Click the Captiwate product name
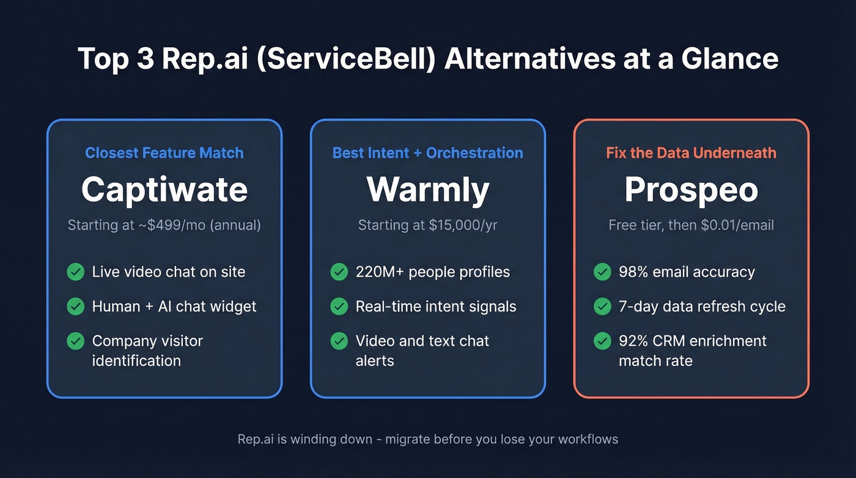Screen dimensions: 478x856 [164, 190]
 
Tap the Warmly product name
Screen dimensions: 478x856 [428, 190]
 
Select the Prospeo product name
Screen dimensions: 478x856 [691, 190]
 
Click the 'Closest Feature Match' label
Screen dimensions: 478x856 [164, 153]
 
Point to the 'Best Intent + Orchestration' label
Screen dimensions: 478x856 [428, 153]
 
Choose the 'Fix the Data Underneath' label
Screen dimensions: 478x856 [691, 153]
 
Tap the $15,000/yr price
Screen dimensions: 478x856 [463, 225]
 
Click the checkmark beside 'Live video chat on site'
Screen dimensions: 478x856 [76, 272]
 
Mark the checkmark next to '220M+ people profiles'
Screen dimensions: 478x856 [339, 272]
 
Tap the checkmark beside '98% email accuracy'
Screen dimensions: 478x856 [602, 272]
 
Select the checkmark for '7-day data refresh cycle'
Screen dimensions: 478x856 [602, 306]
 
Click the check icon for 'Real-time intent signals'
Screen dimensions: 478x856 [339, 306]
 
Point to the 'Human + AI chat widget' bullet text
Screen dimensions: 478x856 [174, 306]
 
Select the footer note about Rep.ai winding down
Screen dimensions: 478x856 [428, 439]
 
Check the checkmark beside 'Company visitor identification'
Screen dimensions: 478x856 [76, 341]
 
